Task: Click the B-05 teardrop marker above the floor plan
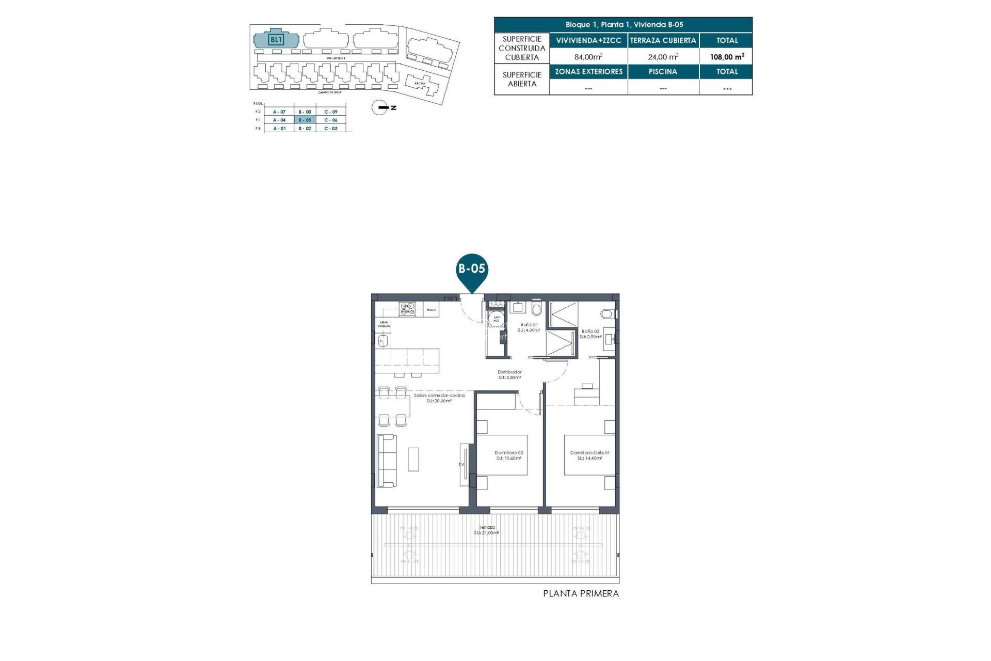472,270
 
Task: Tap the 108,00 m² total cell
727,57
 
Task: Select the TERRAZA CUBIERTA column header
663,40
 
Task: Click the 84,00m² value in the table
588,57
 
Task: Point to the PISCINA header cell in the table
663,72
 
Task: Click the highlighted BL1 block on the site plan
276,39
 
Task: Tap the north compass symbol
380,107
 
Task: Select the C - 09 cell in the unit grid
331,112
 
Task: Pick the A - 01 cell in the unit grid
279,128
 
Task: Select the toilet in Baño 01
536,309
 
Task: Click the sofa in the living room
387,460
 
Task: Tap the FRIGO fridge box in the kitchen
431,310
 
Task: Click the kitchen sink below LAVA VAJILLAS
382,340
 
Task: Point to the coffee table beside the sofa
413,459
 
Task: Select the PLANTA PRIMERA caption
581,594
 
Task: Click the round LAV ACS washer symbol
497,319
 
